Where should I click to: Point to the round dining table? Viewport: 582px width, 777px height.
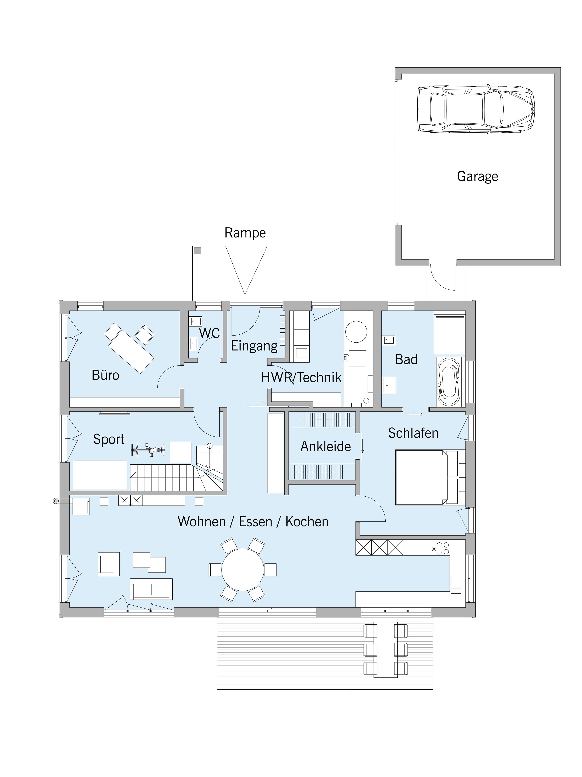click(242, 570)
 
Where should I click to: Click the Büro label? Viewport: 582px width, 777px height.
click(105, 375)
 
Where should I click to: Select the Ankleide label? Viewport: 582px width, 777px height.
click(326, 446)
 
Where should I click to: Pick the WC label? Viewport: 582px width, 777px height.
click(209, 333)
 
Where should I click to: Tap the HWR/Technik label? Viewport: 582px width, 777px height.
click(301, 378)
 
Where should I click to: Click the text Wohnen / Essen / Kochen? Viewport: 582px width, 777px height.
click(253, 522)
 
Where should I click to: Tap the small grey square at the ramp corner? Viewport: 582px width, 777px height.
click(198, 251)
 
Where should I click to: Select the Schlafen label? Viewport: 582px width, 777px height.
click(413, 433)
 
